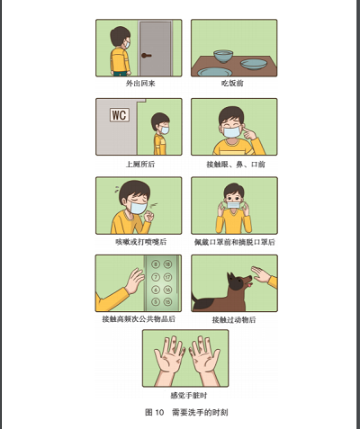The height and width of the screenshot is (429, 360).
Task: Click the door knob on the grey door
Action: pyautogui.click(x=146, y=56)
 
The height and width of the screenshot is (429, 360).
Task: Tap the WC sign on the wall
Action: pyautogui.click(x=120, y=115)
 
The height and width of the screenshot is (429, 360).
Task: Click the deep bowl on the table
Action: pyautogui.click(x=223, y=56)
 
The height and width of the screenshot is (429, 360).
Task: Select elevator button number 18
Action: pyautogui.click(x=167, y=264)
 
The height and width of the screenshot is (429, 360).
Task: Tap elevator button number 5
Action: pyautogui.click(x=156, y=301)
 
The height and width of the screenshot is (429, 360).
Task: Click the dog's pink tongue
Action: pyautogui.click(x=249, y=285)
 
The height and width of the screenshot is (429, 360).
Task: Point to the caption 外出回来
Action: pyautogui.click(x=140, y=84)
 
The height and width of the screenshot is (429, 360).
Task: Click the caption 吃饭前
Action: pyautogui.click(x=232, y=83)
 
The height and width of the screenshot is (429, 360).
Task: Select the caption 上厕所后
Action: pyautogui.click(x=140, y=164)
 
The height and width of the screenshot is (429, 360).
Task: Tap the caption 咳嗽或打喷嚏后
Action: pyautogui.click(x=140, y=242)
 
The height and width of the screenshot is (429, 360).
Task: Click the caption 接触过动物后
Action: pyautogui.click(x=234, y=319)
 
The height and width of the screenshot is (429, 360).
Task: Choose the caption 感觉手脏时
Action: pyautogui.click(x=189, y=396)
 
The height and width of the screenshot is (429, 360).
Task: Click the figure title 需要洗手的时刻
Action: pyautogui.click(x=200, y=412)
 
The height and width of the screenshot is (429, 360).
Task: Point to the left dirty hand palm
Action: pyautogui.click(x=170, y=356)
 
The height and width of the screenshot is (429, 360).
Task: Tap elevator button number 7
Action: pyautogui.click(x=156, y=277)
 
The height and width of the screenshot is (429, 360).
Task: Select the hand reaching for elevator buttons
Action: pyautogui.click(x=135, y=281)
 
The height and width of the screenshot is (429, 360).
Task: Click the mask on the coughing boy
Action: pyautogui.click(x=139, y=208)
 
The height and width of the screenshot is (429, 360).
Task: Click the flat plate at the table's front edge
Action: pyautogui.click(x=214, y=72)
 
